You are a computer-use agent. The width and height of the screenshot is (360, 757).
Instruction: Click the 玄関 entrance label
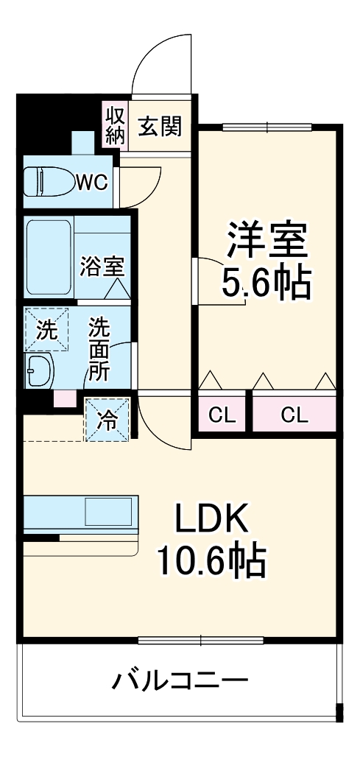(161, 126)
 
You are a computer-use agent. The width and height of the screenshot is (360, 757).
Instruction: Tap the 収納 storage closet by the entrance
(116, 125)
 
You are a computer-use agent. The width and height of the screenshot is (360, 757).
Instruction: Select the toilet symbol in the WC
(47, 182)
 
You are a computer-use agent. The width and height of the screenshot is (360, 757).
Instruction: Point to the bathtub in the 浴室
(49, 257)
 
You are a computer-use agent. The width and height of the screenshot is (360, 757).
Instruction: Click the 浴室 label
(102, 267)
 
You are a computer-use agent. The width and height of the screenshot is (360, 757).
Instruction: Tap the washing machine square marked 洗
(46, 328)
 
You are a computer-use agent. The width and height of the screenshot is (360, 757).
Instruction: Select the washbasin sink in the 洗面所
(40, 370)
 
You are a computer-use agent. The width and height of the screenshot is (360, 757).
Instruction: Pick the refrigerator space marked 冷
(107, 420)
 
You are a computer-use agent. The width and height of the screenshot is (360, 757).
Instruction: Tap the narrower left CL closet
(222, 414)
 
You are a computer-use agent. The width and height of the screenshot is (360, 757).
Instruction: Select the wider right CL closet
(294, 414)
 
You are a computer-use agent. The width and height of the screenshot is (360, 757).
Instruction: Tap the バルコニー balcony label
(180, 681)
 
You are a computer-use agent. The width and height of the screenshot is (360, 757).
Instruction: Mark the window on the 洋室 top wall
(267, 127)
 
